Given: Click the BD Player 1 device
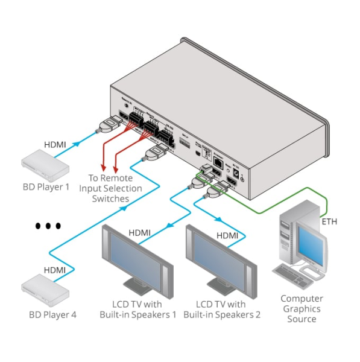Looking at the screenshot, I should pyautogui.click(x=43, y=162).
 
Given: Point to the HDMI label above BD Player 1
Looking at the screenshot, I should pyautogui.click(x=57, y=144).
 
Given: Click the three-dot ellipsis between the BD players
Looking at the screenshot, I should pyautogui.click(x=48, y=226).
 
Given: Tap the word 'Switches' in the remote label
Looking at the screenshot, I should pyautogui.click(x=109, y=198).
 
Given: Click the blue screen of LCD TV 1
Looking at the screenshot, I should pyautogui.click(x=137, y=254).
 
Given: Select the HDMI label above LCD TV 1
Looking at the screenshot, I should pyautogui.click(x=140, y=232).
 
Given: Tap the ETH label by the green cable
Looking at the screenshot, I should pyautogui.click(x=329, y=221).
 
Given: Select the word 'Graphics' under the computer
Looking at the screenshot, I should pyautogui.click(x=302, y=308).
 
